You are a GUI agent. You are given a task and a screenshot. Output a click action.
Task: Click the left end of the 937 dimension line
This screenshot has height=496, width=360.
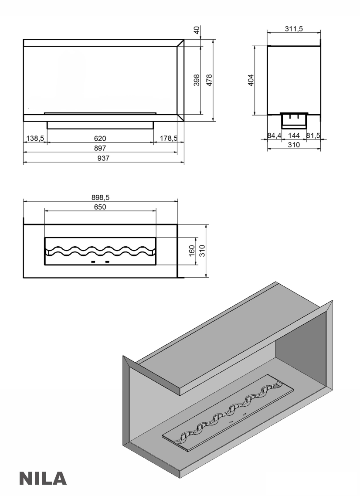coord(24,162)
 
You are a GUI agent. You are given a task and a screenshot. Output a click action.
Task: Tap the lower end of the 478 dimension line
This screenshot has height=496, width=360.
coord(214,121)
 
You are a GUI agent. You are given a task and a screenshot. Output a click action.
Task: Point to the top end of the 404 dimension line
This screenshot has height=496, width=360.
coord(255,46)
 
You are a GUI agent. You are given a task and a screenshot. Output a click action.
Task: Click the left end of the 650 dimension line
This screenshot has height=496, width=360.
coord(44,211)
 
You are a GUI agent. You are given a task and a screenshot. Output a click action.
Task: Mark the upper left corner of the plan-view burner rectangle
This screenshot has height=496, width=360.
coord(44,237)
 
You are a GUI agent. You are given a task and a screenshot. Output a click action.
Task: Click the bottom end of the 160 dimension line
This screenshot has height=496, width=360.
coord(197,265)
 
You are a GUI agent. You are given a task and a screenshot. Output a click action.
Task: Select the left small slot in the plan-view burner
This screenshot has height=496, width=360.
coord(93,262)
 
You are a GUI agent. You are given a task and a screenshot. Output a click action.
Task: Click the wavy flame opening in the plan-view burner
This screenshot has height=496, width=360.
coord(100,251)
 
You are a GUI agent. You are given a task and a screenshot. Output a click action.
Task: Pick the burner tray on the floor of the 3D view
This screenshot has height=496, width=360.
coord(228,412)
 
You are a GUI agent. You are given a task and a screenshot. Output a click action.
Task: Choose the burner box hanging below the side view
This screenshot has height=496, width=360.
coord(294,121)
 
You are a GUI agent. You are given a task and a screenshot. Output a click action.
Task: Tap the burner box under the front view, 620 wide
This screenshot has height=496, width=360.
coord(101,125)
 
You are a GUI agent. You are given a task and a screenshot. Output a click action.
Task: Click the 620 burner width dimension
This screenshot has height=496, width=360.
coord(100,139)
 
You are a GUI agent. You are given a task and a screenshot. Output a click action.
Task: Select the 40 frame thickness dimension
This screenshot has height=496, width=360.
coord(197,31)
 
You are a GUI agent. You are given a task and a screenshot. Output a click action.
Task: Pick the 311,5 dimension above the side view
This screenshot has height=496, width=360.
coord(294,29)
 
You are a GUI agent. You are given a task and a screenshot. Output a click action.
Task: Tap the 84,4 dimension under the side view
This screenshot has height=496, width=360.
coord(274,136)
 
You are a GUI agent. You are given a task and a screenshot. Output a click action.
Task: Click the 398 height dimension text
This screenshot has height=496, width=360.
coord(197,80)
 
